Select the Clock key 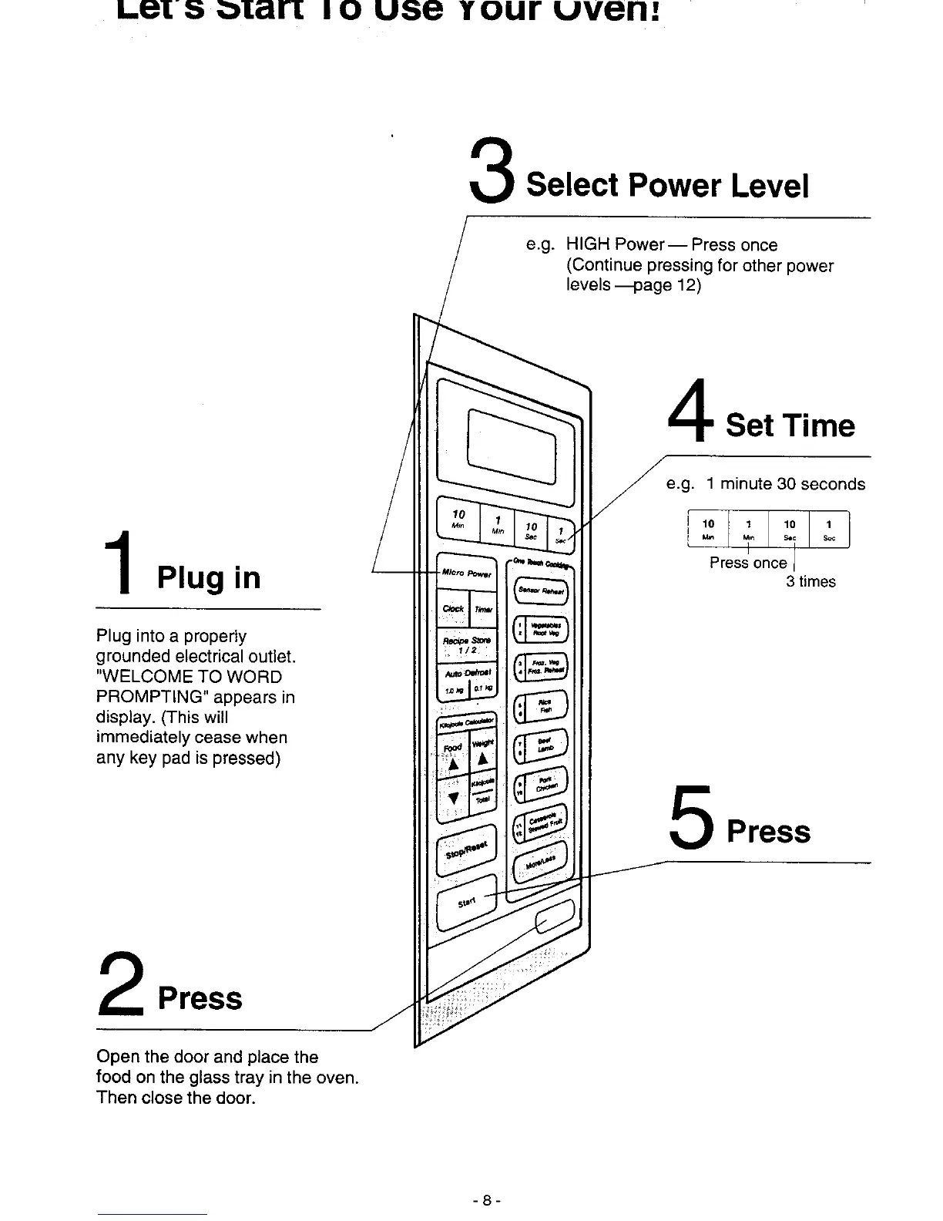point(452,609)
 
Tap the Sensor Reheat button point(542,591)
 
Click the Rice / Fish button point(541,707)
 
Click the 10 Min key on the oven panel point(459,516)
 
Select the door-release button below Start point(556,922)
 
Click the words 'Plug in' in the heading point(209,577)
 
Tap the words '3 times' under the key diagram point(810,582)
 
